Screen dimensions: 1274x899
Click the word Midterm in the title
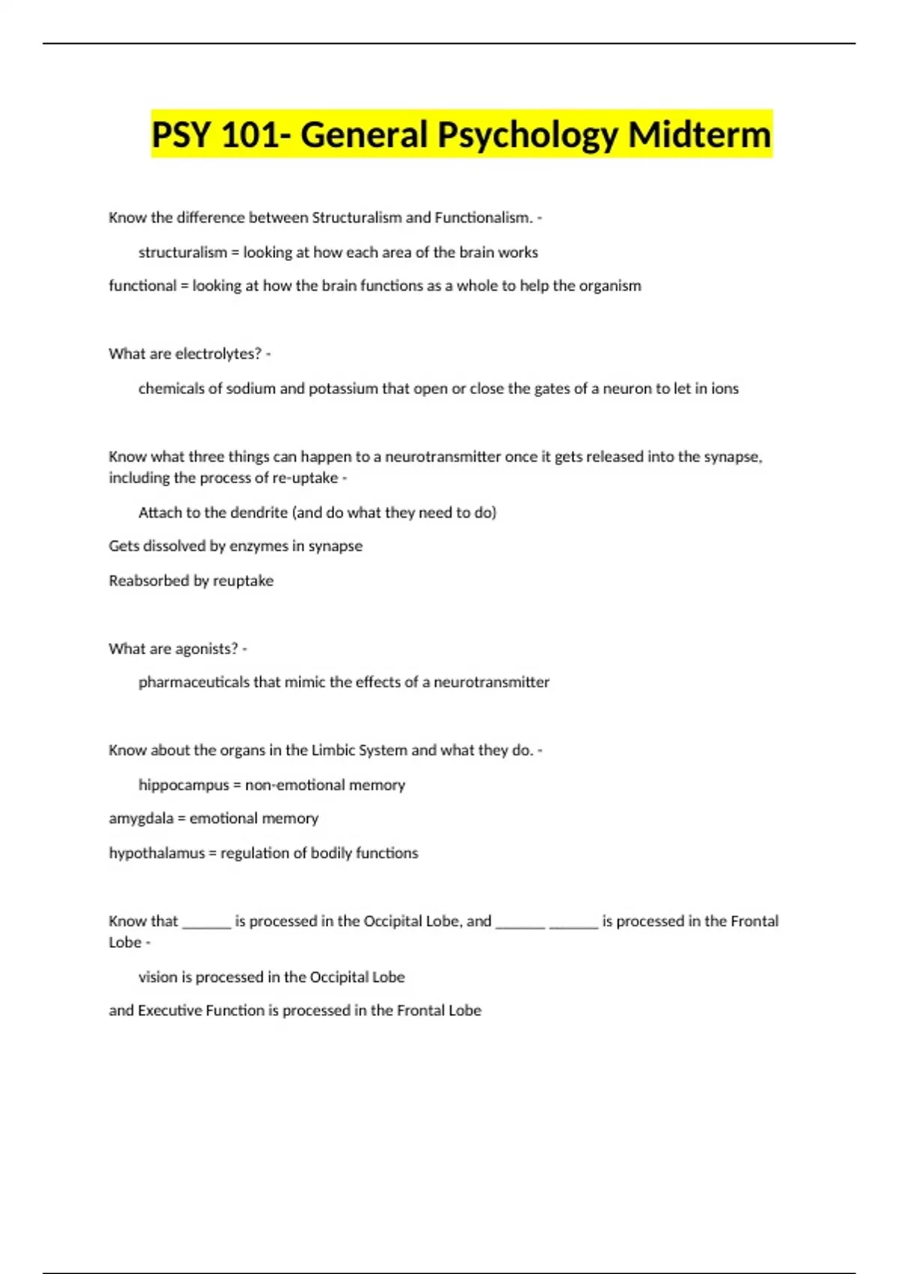coord(699,135)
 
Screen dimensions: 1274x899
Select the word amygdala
coord(141,818)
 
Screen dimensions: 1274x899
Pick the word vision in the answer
coord(155,977)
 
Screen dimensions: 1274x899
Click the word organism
coord(610,286)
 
